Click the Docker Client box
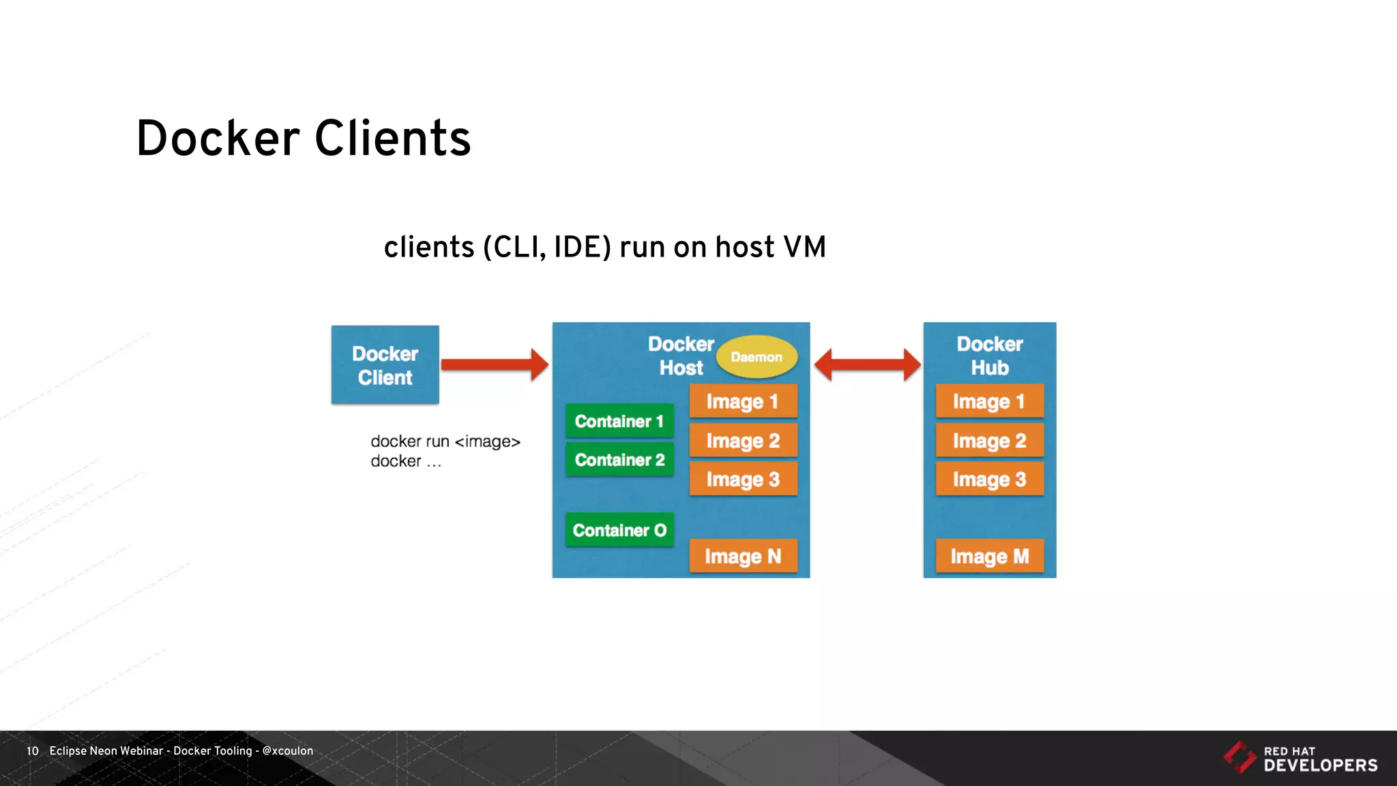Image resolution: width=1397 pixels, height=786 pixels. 385,365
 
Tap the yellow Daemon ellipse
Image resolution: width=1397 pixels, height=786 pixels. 756,357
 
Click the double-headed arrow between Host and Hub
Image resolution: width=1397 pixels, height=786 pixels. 867,364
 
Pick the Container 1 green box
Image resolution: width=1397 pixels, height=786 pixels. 619,421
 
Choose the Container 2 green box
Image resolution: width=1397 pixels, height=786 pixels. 619,460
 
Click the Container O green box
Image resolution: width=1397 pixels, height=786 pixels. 619,530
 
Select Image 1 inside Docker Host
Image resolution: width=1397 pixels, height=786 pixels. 743,401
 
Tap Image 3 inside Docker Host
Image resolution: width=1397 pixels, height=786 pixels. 743,480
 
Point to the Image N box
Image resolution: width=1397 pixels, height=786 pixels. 743,557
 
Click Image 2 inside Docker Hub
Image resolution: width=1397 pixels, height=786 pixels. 989,441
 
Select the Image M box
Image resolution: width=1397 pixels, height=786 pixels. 989,557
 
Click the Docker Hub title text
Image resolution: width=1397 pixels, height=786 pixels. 989,355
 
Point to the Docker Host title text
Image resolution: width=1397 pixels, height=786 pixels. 681,355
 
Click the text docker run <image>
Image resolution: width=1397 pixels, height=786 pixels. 445,441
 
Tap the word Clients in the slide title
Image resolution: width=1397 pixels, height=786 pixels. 392,139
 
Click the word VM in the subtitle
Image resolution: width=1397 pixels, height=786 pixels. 805,247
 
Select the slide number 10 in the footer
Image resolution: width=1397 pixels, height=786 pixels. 32,751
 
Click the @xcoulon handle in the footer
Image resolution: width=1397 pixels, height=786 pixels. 288,751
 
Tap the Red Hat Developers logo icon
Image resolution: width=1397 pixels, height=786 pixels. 1239,757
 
